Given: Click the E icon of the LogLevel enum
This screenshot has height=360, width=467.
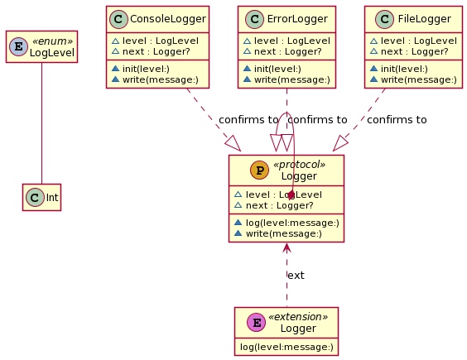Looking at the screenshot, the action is [18, 46].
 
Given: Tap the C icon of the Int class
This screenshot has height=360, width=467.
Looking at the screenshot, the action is [35, 198].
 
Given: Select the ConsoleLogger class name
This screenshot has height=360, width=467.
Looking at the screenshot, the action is [168, 19].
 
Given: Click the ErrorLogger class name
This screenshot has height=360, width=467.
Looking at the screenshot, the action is [297, 19].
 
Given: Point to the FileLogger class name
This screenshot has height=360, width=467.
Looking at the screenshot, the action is [425, 19].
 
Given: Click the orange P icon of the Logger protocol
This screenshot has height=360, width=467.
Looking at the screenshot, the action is [259, 170].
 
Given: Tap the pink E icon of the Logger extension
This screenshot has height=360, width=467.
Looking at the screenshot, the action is [257, 322].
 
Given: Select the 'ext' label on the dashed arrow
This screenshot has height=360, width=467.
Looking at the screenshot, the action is [296, 276].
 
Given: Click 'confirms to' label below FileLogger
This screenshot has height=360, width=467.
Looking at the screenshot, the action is [397, 120].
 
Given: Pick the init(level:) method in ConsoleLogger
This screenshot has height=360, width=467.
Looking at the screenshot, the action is [146, 69].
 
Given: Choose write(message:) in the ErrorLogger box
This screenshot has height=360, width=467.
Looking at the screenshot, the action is [291, 79].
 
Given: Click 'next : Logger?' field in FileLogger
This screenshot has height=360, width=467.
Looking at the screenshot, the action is [414, 51].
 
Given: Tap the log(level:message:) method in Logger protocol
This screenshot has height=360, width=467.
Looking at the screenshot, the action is [292, 223].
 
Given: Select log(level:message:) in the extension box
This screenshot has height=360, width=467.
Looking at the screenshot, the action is [286, 347].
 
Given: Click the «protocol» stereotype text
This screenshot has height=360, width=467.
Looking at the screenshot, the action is [299, 165].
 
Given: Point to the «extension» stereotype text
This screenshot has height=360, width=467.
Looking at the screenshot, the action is [298, 316].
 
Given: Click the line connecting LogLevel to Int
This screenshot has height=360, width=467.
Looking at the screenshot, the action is [41, 123].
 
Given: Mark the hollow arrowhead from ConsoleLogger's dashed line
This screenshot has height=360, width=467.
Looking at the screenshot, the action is [233, 143].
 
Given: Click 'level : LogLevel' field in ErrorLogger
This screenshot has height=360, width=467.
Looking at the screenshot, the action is [291, 41].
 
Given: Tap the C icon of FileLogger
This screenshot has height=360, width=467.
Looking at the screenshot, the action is [384, 19].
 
